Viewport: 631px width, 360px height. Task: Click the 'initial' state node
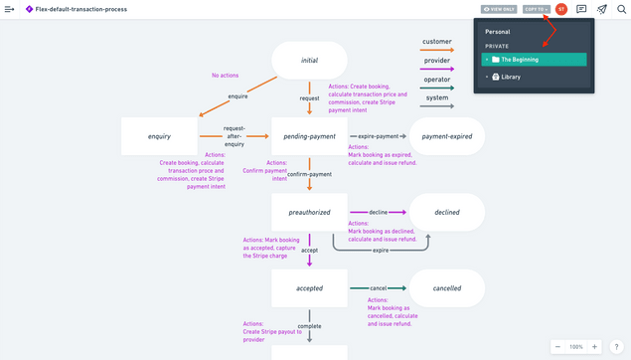tap(309, 60)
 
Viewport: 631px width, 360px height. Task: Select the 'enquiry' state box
tap(159, 136)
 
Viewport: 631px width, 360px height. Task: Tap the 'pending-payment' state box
tap(309, 136)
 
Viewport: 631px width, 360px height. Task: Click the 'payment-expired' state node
tap(446, 136)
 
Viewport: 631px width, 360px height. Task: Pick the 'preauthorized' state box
tap(309, 212)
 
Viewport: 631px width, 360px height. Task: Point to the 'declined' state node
tap(446, 212)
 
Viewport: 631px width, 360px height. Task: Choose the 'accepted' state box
tap(309, 288)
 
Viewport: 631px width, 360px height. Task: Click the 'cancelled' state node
tap(446, 288)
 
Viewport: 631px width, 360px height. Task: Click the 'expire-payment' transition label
tap(378, 136)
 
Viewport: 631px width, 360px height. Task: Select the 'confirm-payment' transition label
tap(308, 174)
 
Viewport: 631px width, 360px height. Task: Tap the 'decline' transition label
tap(378, 212)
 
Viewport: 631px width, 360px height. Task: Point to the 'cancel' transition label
tap(378, 288)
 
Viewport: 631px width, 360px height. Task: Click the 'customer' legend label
tap(436, 42)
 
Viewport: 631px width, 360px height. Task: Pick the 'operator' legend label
tap(436, 80)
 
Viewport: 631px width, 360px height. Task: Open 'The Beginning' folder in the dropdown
tap(520, 60)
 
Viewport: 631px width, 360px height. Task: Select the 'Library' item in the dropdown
tap(510, 77)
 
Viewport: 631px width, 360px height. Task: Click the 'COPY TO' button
tap(536, 9)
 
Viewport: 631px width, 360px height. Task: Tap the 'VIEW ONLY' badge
tap(498, 9)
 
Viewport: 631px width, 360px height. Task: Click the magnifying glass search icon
tap(621, 9)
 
